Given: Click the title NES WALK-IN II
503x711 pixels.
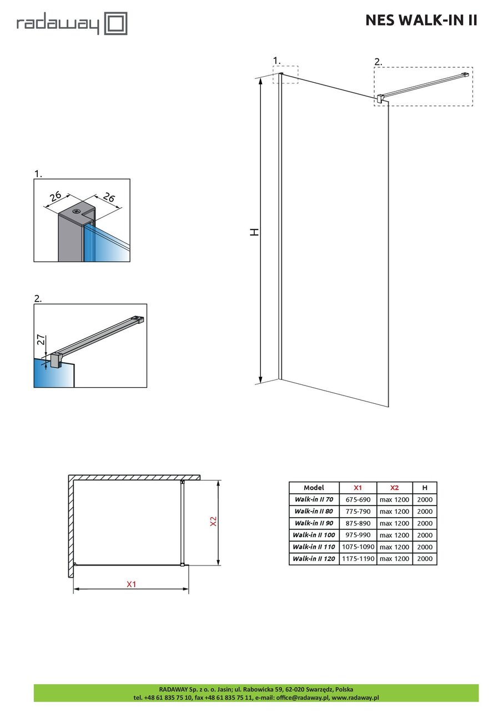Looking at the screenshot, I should [421, 21].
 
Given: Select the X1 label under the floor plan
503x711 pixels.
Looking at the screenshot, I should [131, 584].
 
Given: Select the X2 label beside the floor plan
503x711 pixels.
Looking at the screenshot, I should [213, 522].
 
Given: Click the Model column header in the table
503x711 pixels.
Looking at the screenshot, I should [314, 488].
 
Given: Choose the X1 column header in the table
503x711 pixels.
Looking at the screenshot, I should [358, 488].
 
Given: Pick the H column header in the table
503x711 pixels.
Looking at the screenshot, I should [425, 488].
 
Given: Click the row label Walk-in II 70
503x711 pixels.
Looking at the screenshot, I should [314, 499].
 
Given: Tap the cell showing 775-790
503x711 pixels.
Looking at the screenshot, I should [358, 512].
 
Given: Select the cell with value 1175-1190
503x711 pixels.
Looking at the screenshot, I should [358, 559].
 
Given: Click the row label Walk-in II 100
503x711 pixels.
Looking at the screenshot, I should [314, 535].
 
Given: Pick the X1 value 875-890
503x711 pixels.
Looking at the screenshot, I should [358, 523].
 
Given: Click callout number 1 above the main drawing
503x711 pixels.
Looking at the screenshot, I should [277, 60].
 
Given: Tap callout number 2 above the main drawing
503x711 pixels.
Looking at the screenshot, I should [378, 62].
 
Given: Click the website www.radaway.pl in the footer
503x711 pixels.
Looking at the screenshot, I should [355, 697].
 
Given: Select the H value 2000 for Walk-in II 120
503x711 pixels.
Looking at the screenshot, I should [425, 559].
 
